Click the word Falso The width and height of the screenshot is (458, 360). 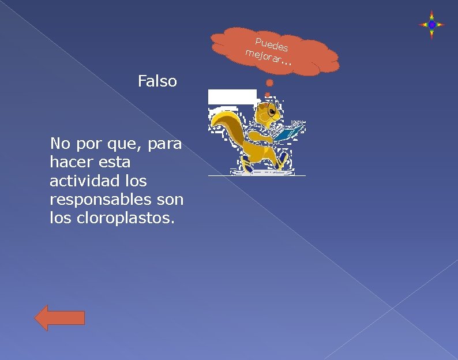pos(157,81)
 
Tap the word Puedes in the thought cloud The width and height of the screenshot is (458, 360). pos(271,43)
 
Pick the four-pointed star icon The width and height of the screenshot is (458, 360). pos(431,25)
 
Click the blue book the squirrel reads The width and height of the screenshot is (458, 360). pos(289,132)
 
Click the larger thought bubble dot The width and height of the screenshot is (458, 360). pos(269,83)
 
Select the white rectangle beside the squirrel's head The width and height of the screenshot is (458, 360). pos(232,96)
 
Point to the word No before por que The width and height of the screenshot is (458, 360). pos(60,142)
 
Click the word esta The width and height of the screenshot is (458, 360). pos(114,162)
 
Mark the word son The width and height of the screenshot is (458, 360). pos(170,200)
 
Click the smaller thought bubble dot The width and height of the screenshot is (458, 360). pos(267,94)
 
